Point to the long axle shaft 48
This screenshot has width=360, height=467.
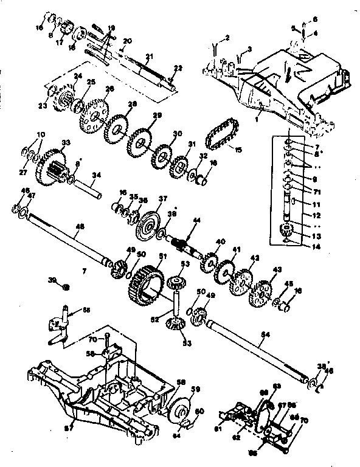pyautogui.click(x=67, y=237)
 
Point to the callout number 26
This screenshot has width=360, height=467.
pyautogui.click(x=109, y=88)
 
